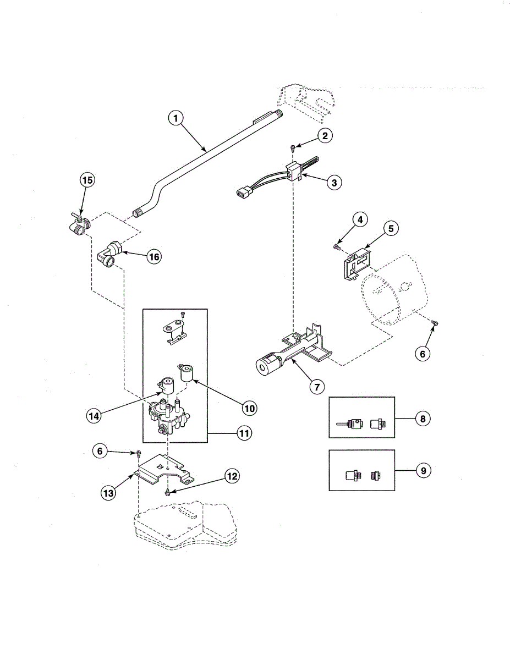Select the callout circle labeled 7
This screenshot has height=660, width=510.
coord(316,387)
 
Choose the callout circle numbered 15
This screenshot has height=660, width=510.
coord(87,180)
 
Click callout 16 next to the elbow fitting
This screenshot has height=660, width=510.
coord(154,256)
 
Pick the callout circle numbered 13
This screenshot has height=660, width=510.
coord(108,493)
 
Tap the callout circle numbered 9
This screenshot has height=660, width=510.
coord(423,471)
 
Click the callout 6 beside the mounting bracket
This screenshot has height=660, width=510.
coord(100,451)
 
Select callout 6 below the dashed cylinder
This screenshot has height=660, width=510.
coord(423,354)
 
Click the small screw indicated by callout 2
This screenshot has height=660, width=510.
coord(292,146)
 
